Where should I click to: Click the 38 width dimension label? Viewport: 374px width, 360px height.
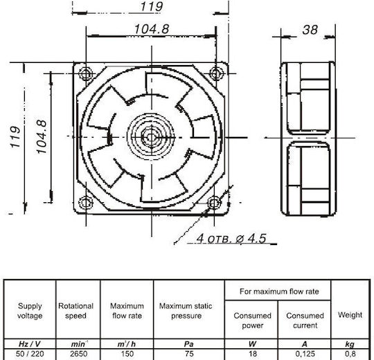[x=310, y=30]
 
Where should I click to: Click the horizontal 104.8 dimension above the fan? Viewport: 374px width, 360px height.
[x=152, y=29]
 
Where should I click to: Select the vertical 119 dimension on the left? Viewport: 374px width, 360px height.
[x=15, y=137]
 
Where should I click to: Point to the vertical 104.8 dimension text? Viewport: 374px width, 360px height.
[x=42, y=137]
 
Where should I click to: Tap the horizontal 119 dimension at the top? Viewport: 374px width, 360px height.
[x=152, y=6]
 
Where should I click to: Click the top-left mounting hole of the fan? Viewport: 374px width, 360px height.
[x=86, y=73]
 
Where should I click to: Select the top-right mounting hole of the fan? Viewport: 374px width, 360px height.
[x=216, y=73]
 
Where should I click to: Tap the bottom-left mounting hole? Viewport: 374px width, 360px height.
[x=85, y=203]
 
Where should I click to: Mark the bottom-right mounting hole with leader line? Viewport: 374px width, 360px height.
[x=214, y=203]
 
